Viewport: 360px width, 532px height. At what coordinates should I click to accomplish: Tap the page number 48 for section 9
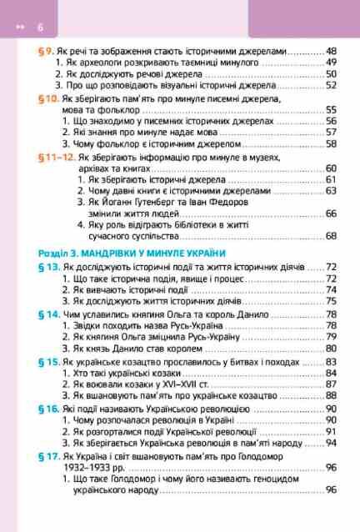coord(331,50)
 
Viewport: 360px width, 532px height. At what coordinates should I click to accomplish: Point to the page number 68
coord(331,236)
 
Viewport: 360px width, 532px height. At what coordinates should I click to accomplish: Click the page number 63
coord(331,190)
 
